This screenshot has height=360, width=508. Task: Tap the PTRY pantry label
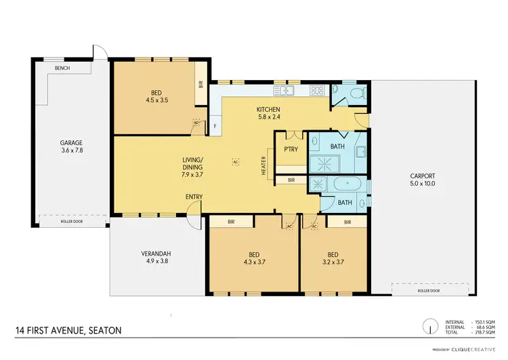click(x=291, y=149)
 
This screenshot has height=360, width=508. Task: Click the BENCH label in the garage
click(x=62, y=68)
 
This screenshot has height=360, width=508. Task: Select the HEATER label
click(x=263, y=167)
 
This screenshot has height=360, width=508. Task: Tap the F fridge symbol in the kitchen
click(x=215, y=126)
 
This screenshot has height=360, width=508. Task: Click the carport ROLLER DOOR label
click(x=425, y=290)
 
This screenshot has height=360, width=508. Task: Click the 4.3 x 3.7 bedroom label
click(x=253, y=258)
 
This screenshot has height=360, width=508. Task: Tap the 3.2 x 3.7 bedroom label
click(x=334, y=258)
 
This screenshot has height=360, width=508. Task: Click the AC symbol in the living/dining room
click(x=236, y=162)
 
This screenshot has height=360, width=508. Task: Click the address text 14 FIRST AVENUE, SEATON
click(x=70, y=331)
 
